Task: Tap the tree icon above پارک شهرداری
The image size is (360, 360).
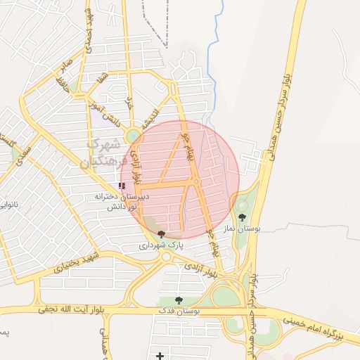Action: click(x=162, y=233)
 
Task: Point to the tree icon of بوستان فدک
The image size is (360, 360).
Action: click(x=179, y=300)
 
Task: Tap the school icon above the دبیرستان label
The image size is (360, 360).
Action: click(x=122, y=186)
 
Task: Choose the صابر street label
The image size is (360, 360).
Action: click(x=67, y=68)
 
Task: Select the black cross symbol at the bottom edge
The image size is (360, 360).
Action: click(x=160, y=355)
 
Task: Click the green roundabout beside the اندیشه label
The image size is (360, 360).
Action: click(x=133, y=134)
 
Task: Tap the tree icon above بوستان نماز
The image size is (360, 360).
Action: click(x=243, y=217)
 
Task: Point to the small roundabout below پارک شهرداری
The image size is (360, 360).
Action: click(x=167, y=257)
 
